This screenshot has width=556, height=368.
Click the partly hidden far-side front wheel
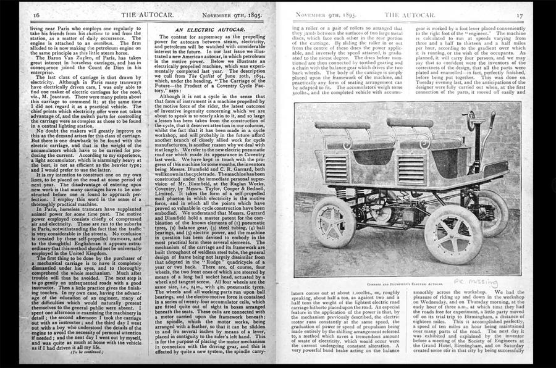[x=494, y=210]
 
